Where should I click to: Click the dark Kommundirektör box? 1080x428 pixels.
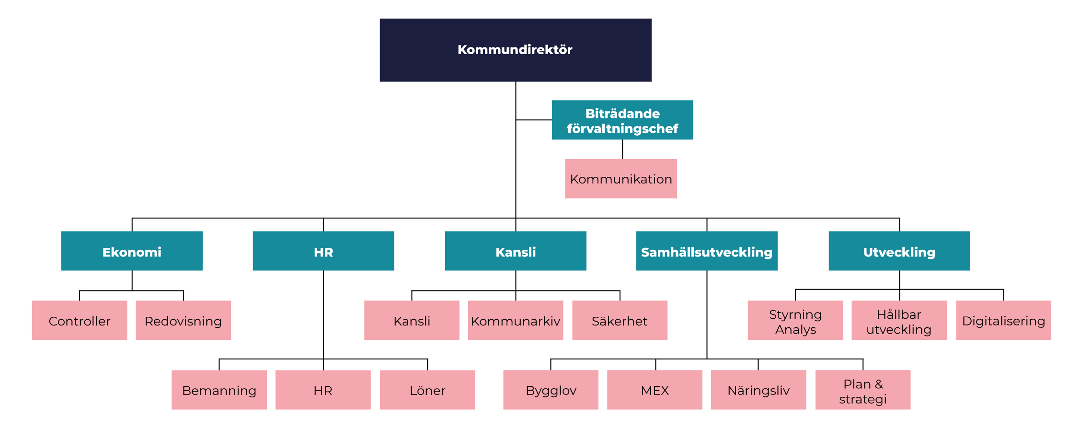coord(515,50)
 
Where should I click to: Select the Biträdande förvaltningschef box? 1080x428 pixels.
coord(622,120)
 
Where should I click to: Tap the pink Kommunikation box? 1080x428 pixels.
coord(620,179)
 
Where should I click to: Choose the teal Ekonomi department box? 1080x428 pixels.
coord(131,251)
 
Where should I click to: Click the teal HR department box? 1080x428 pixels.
coord(323,251)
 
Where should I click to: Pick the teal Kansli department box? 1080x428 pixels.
coord(515,251)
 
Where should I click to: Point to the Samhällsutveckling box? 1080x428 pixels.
coord(706,251)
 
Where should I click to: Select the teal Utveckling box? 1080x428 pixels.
coord(899,251)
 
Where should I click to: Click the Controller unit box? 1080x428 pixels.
coord(80,321)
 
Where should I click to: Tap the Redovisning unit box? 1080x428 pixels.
coord(183,321)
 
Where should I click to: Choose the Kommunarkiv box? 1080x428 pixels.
coord(515,321)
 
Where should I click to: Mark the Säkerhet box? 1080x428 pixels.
coord(620,321)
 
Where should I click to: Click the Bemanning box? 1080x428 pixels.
coord(219,390)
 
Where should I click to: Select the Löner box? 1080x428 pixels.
coord(427,390)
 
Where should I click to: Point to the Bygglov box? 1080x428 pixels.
coord(551,390)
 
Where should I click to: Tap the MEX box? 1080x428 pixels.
coord(655,390)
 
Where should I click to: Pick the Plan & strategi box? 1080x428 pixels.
coord(862,390)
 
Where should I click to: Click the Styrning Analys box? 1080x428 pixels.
coord(795,321)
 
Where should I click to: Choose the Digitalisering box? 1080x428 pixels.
coord(1003,321)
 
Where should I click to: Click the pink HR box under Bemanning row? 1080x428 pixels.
coord(323,390)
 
